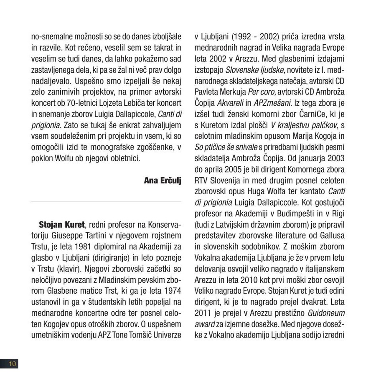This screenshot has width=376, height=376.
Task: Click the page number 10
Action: tap(11, 364)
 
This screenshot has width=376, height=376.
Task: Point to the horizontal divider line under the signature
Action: tap(107, 201)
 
